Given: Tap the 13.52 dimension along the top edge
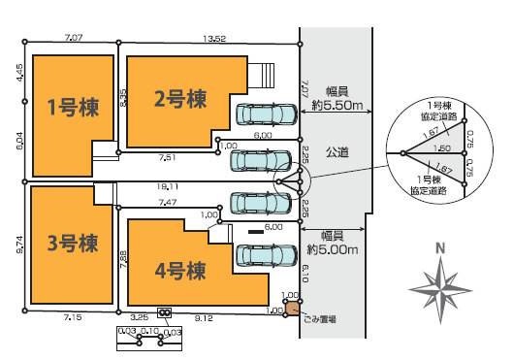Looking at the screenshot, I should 213,39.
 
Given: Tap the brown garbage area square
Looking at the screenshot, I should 292,309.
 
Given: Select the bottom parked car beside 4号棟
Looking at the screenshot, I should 266,255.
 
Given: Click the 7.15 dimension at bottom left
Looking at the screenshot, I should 74,316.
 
